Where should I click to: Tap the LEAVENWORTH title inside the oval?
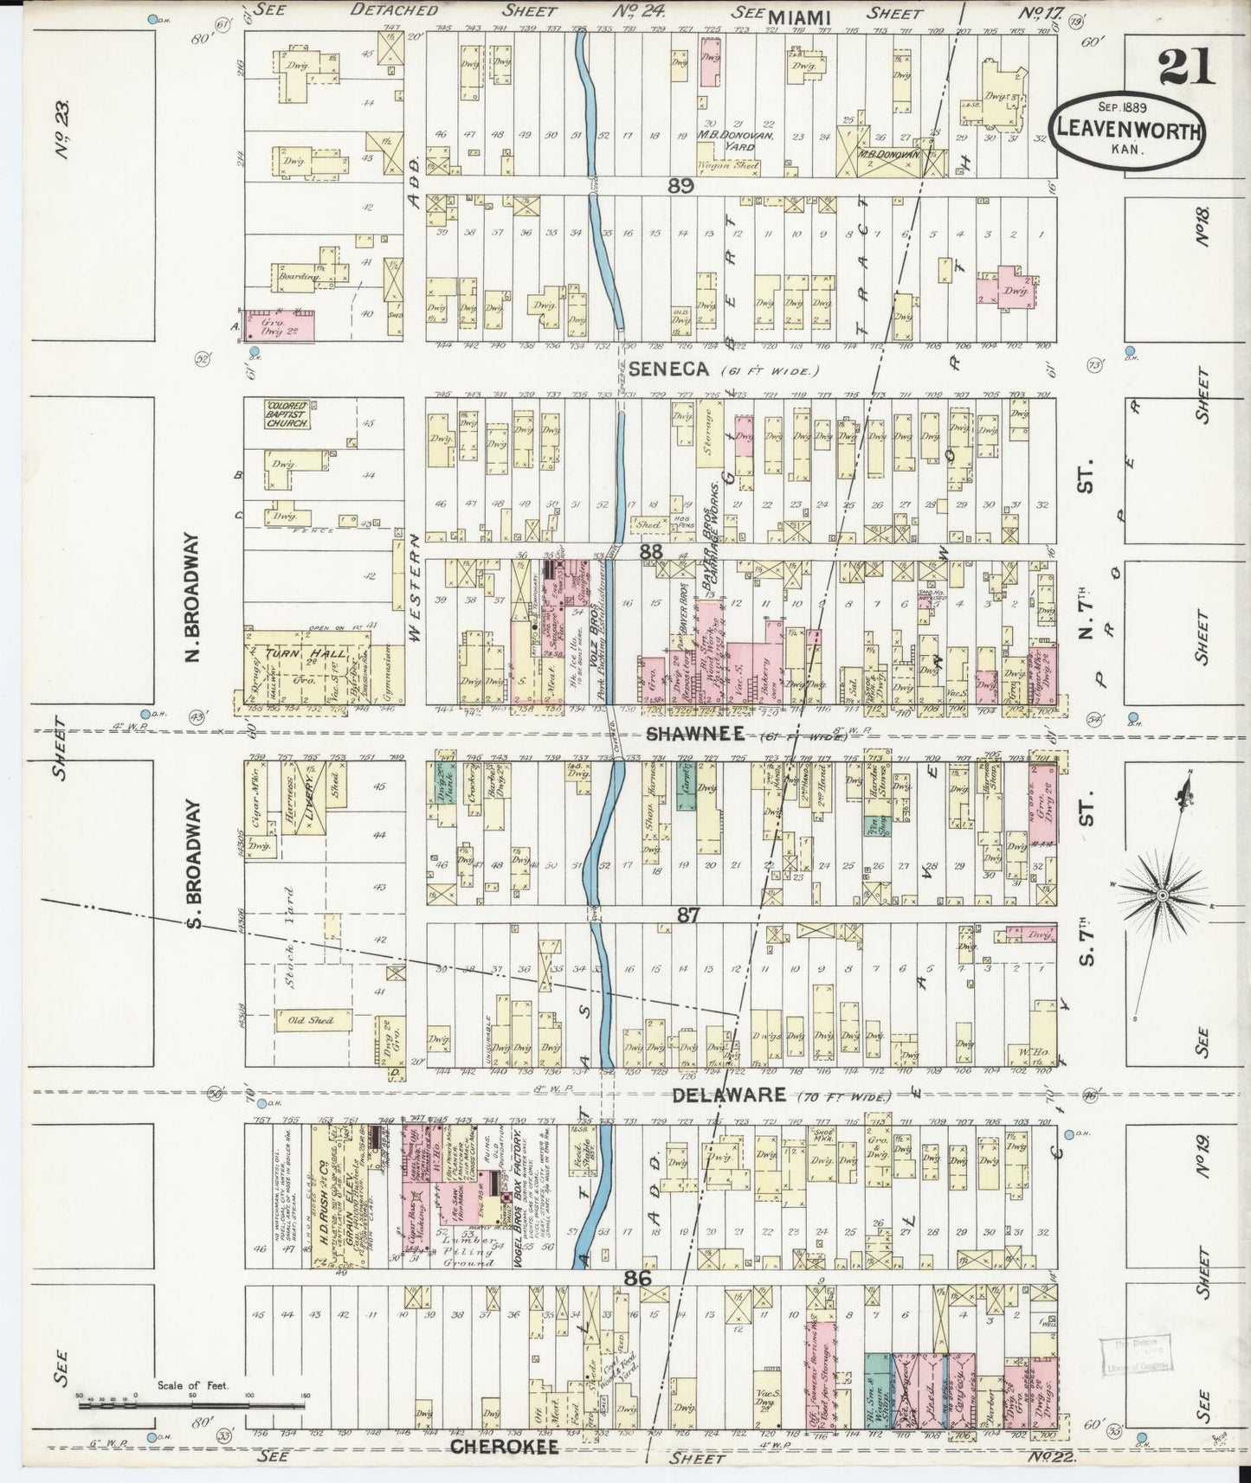click(x=1126, y=132)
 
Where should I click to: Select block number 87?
click(x=687, y=914)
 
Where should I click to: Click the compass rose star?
click(x=1163, y=894)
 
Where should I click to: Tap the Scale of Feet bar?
click(x=190, y=1405)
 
